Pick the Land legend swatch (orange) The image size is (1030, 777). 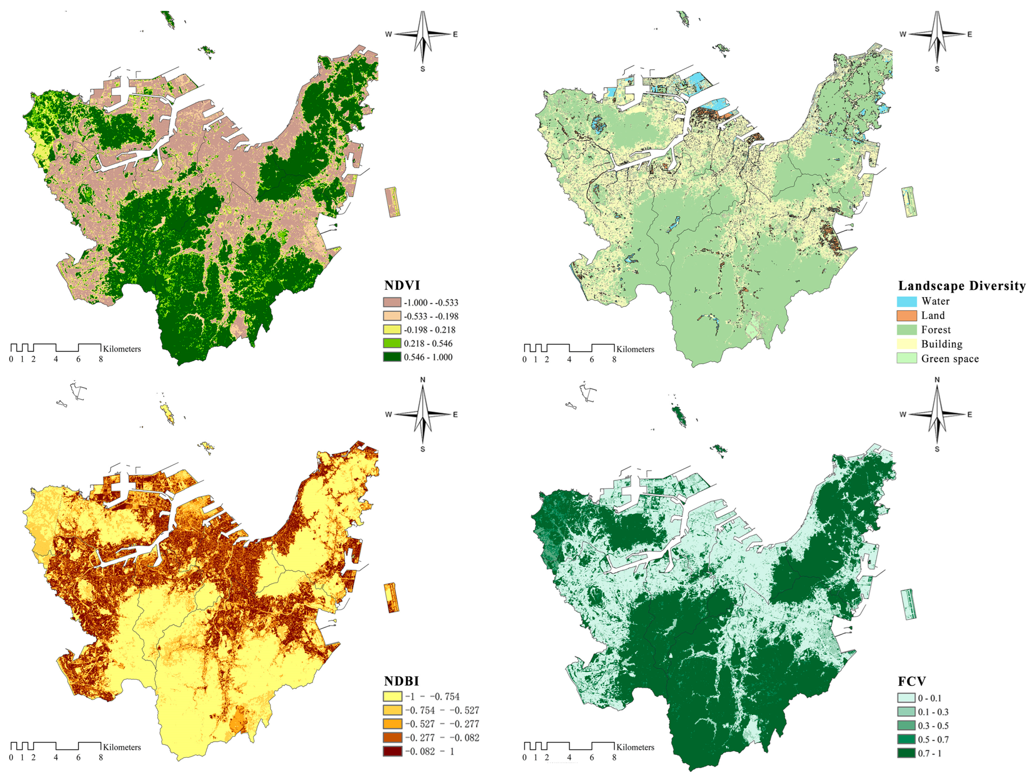(x=907, y=316)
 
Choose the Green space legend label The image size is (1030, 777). (x=950, y=359)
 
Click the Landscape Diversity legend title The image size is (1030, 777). (x=962, y=286)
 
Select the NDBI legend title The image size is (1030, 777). (x=401, y=681)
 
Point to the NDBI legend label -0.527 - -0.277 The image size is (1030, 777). (x=441, y=724)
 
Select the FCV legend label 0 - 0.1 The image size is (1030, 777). (x=929, y=698)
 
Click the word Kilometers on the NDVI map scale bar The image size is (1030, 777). (x=122, y=349)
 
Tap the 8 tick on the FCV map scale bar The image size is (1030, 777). (x=614, y=758)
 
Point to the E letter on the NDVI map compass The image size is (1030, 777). (x=455, y=34)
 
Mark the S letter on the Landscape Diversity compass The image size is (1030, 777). (x=937, y=69)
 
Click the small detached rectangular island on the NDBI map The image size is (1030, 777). (x=392, y=598)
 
